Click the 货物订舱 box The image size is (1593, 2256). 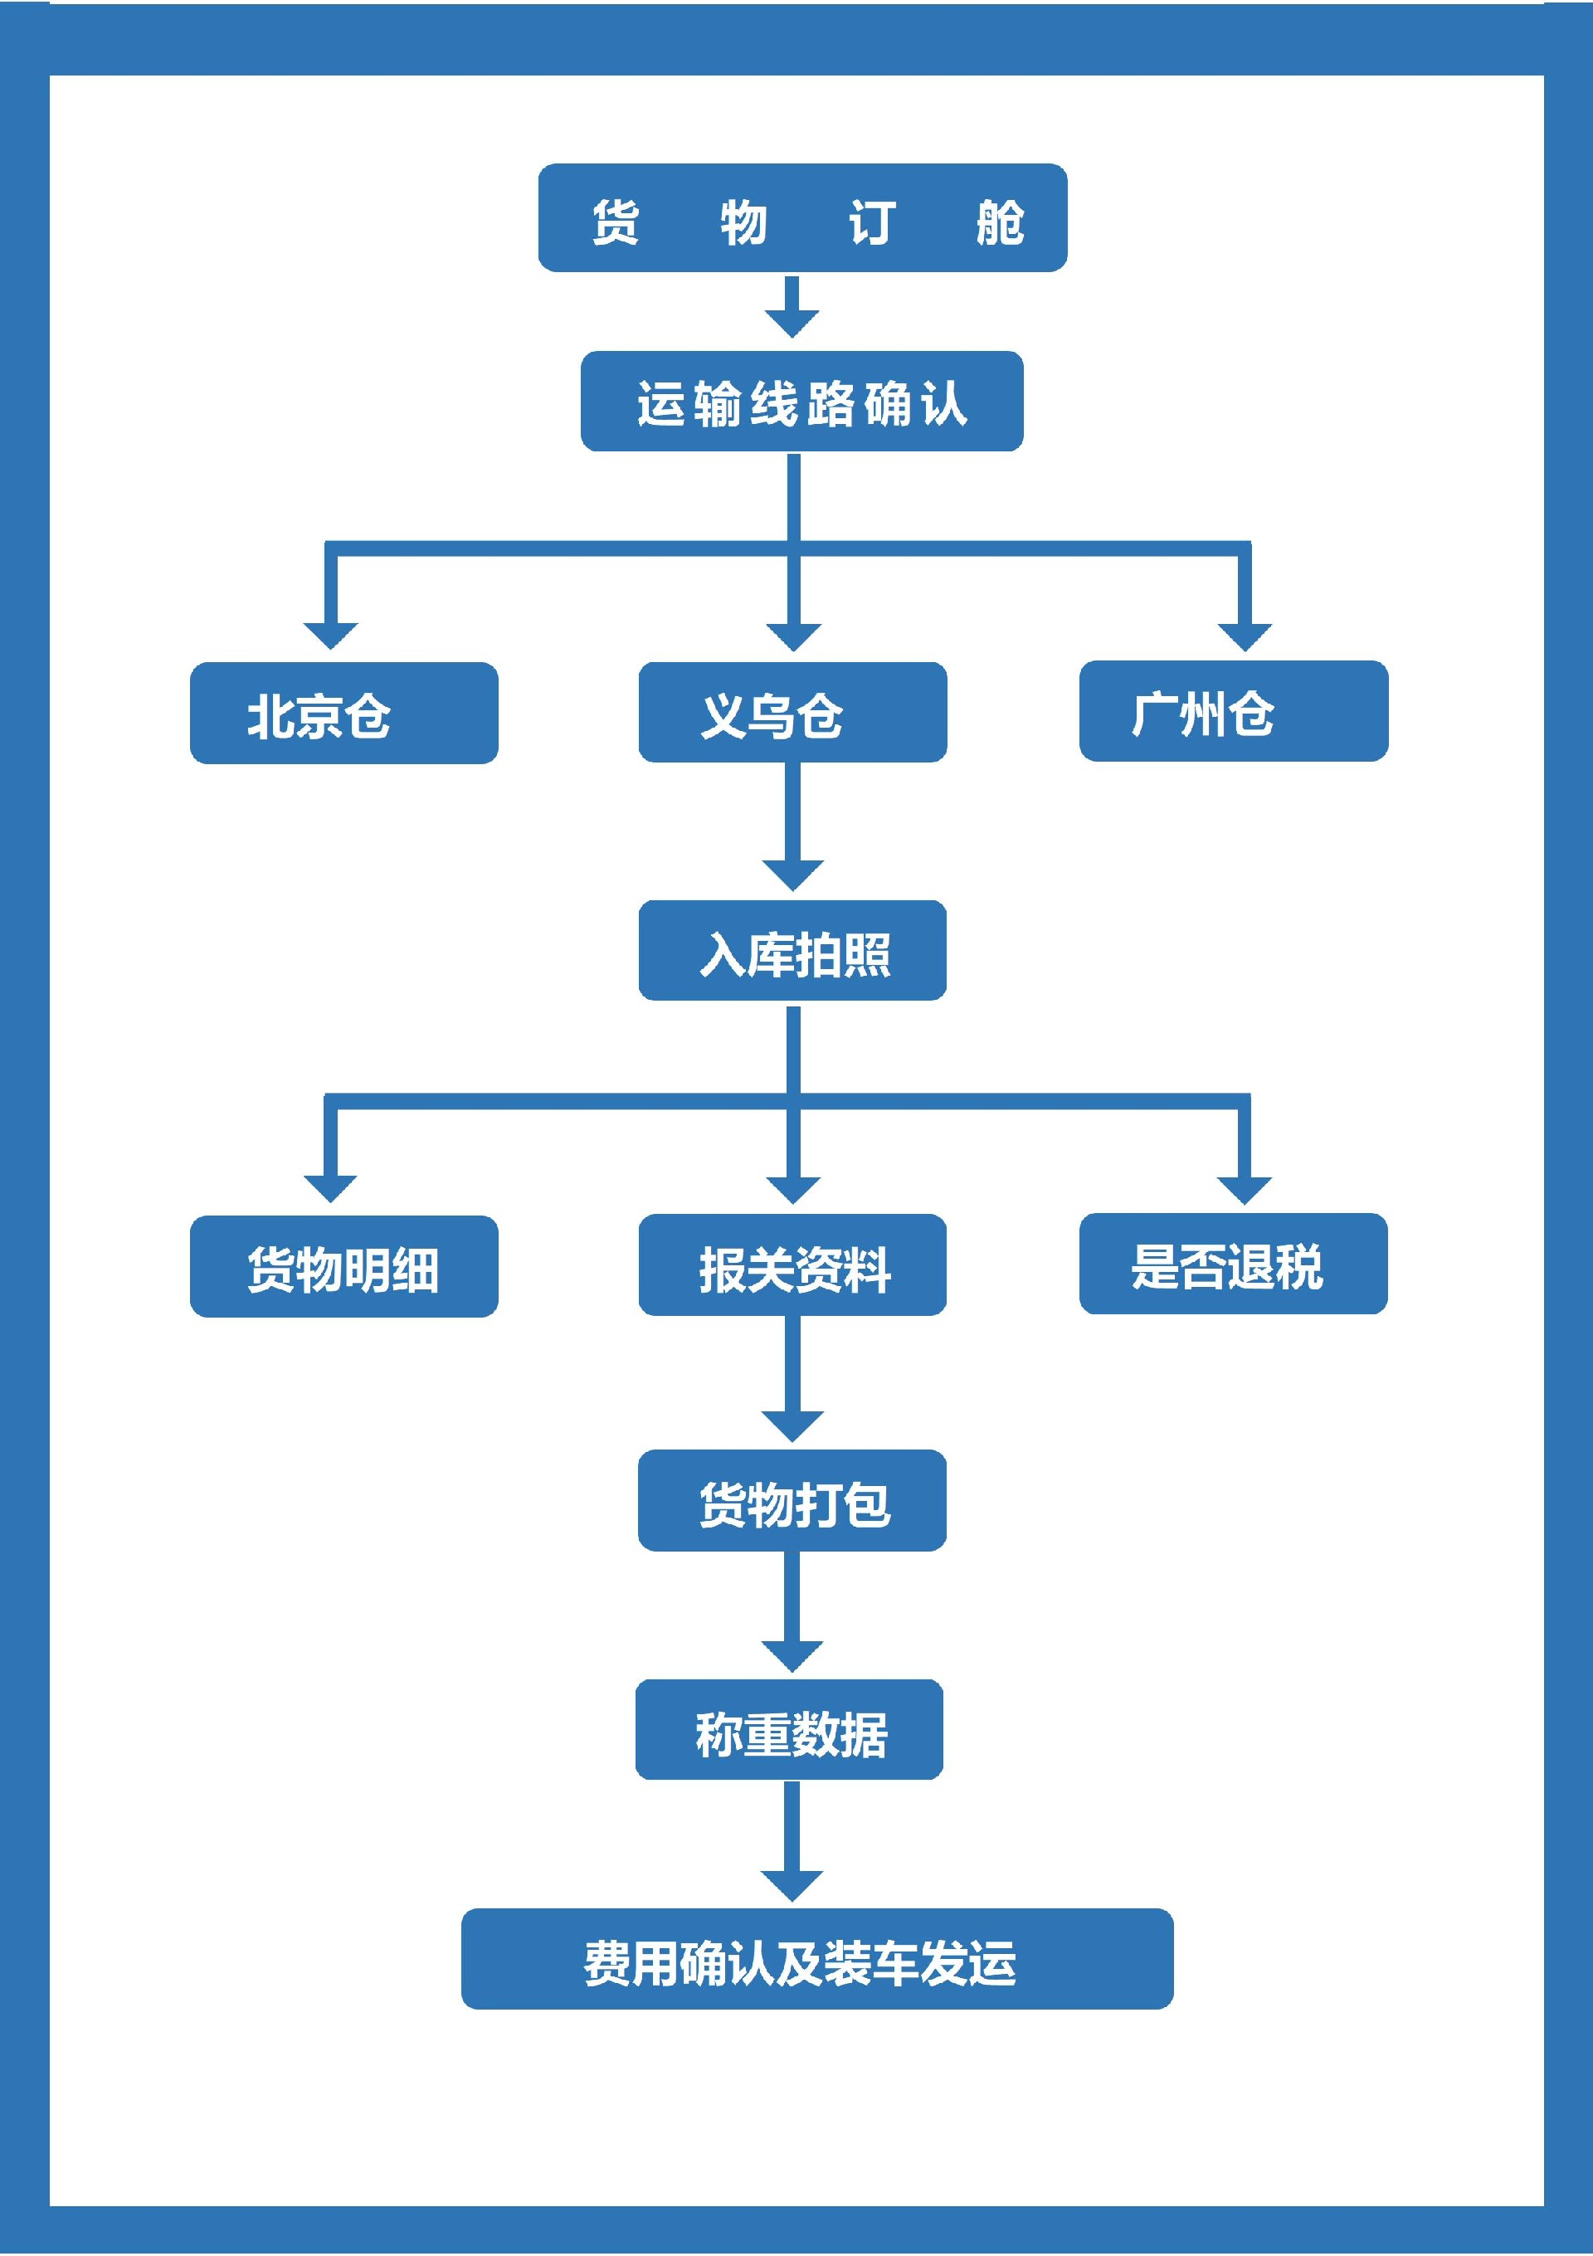click(x=802, y=218)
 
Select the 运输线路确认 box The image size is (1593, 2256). click(x=802, y=402)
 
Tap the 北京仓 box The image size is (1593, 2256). click(x=344, y=714)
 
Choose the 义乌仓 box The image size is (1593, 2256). click(x=792, y=713)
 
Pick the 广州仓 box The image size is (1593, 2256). click(x=1233, y=711)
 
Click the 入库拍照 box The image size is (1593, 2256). click(x=792, y=951)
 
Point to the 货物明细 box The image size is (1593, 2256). click(x=344, y=1266)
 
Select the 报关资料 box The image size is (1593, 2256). click(x=792, y=1265)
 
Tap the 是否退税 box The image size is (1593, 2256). click(x=1233, y=1264)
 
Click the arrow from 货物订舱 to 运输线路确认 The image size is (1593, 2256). click(x=792, y=306)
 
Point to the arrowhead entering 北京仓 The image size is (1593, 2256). click(x=331, y=635)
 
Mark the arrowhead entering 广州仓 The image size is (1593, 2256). click(x=1245, y=636)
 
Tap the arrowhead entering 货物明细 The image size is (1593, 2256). click(x=331, y=1187)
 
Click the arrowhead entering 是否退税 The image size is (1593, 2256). click(x=1245, y=1188)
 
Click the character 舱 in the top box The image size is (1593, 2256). click(x=1000, y=222)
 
